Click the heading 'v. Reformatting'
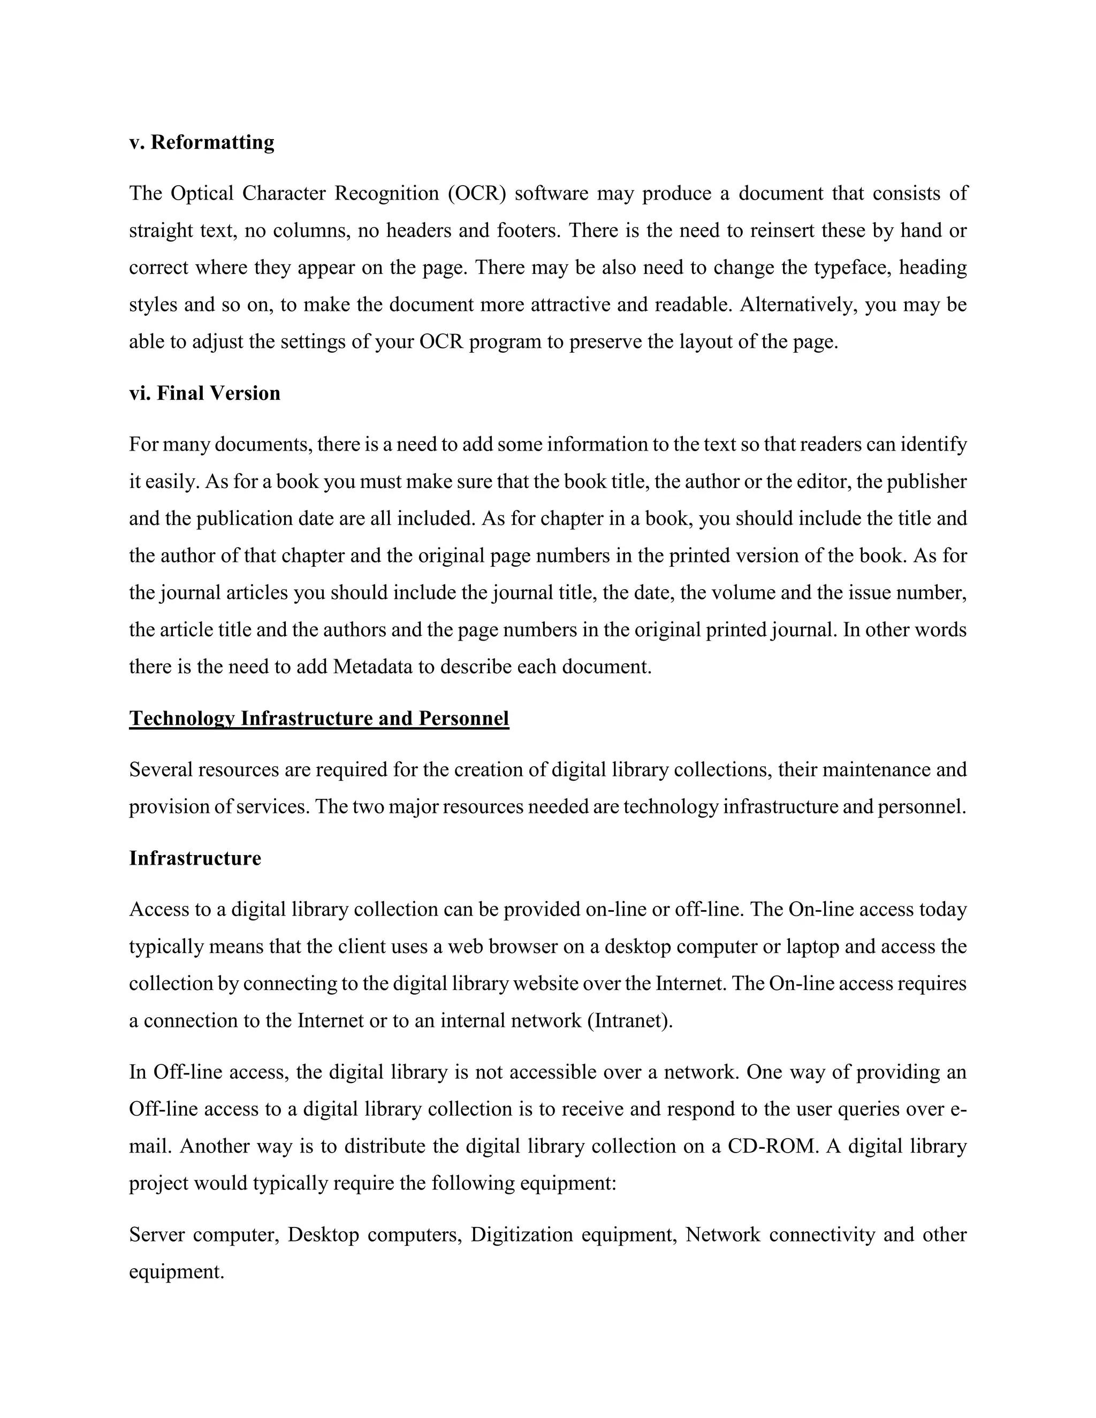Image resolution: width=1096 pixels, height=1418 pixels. (x=202, y=142)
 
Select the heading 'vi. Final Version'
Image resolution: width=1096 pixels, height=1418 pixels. (x=204, y=393)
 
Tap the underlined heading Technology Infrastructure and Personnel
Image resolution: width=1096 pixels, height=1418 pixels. (x=319, y=718)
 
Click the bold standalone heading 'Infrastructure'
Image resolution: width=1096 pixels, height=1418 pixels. (x=195, y=858)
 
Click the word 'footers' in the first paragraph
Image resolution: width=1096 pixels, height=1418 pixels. (x=527, y=231)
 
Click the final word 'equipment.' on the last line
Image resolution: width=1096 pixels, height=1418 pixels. (x=177, y=1272)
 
